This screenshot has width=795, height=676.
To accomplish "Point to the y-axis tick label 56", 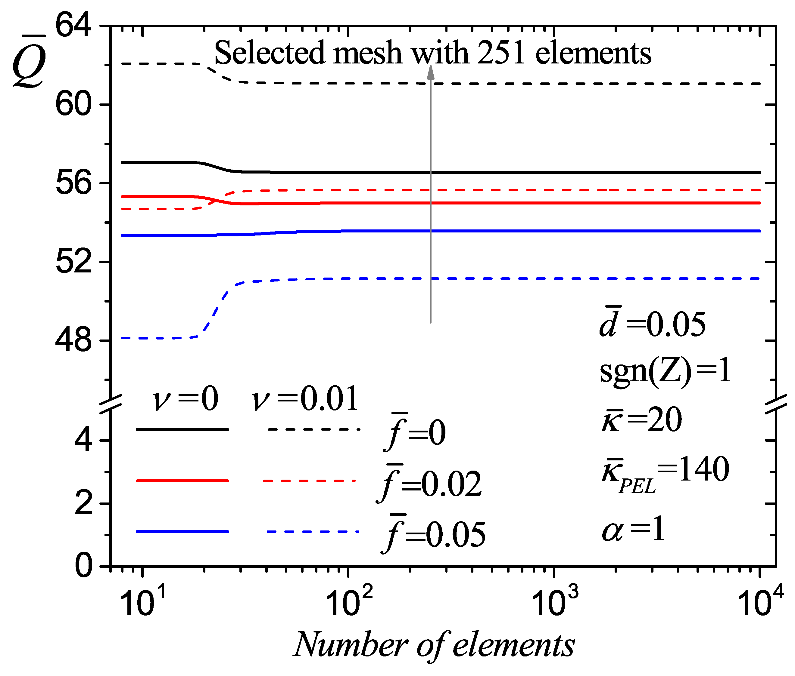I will [74, 183].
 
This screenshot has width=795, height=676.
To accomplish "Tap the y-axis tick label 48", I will [74, 341].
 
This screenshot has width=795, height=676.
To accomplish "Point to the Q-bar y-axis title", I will [29, 61].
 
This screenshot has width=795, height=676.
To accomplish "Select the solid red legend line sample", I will [182, 481].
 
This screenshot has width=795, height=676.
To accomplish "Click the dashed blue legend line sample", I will [313, 532].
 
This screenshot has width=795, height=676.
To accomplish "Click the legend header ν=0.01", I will [305, 399].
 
